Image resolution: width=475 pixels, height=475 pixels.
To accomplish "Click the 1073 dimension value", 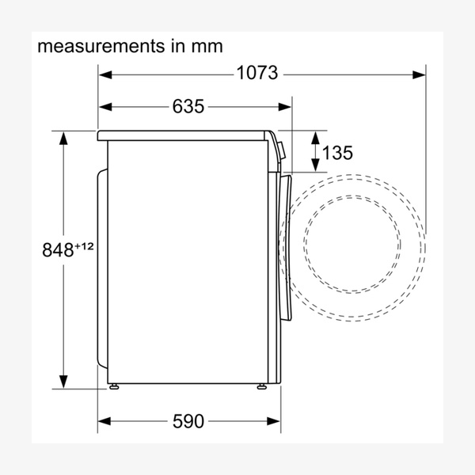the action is [256, 73].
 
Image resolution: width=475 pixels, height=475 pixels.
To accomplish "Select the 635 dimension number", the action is [188, 107].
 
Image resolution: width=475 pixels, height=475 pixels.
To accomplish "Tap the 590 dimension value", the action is [188, 421].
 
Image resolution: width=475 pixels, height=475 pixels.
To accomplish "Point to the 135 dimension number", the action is [337, 152].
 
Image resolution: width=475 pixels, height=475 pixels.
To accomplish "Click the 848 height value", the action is [58, 250].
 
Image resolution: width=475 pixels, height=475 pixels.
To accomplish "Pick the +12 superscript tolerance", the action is [84, 246].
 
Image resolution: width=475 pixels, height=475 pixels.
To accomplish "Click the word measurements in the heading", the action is [101, 46].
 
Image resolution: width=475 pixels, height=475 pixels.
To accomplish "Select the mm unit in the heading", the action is [207, 47].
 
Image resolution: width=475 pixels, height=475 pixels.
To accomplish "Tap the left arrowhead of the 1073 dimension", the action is [105, 75].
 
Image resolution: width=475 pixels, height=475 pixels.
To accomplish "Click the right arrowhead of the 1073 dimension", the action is [419, 75].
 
